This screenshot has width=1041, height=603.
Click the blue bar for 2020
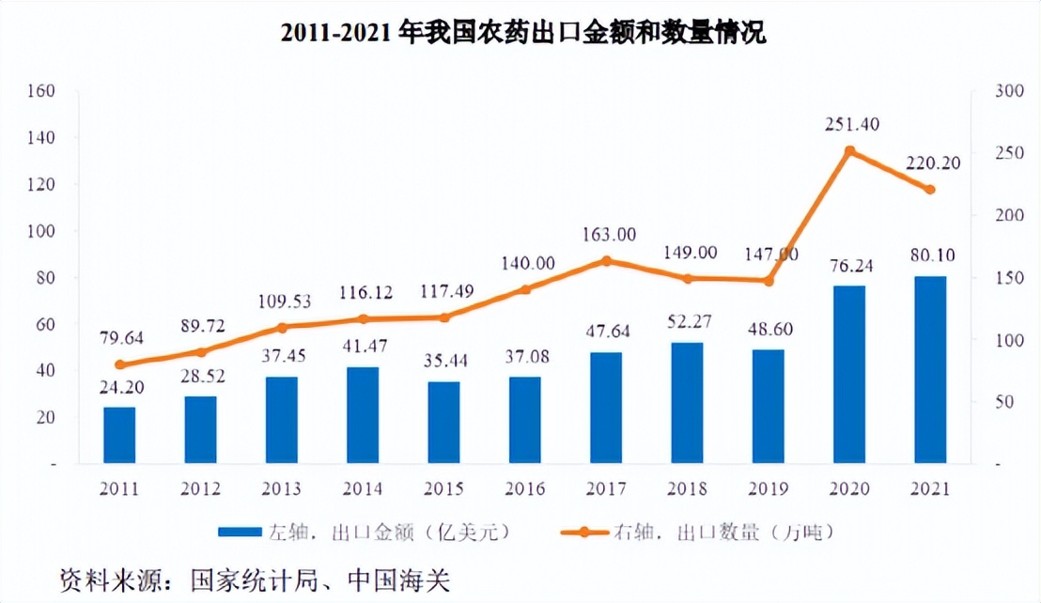coord(848,375)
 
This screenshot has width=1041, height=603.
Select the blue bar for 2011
coord(119,435)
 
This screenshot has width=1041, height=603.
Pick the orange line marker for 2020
coord(849,151)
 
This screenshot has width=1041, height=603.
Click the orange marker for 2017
coord(606,261)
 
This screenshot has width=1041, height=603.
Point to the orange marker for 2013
coord(282,328)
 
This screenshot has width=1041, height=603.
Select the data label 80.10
coord(930,254)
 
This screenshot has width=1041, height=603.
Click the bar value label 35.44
coord(443,360)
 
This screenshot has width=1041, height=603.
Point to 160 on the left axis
coord(44,91)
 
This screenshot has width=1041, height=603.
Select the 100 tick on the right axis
coord(1006,340)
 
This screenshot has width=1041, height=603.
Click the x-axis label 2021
coord(930,489)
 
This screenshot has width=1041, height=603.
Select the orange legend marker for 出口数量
coord(583,532)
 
